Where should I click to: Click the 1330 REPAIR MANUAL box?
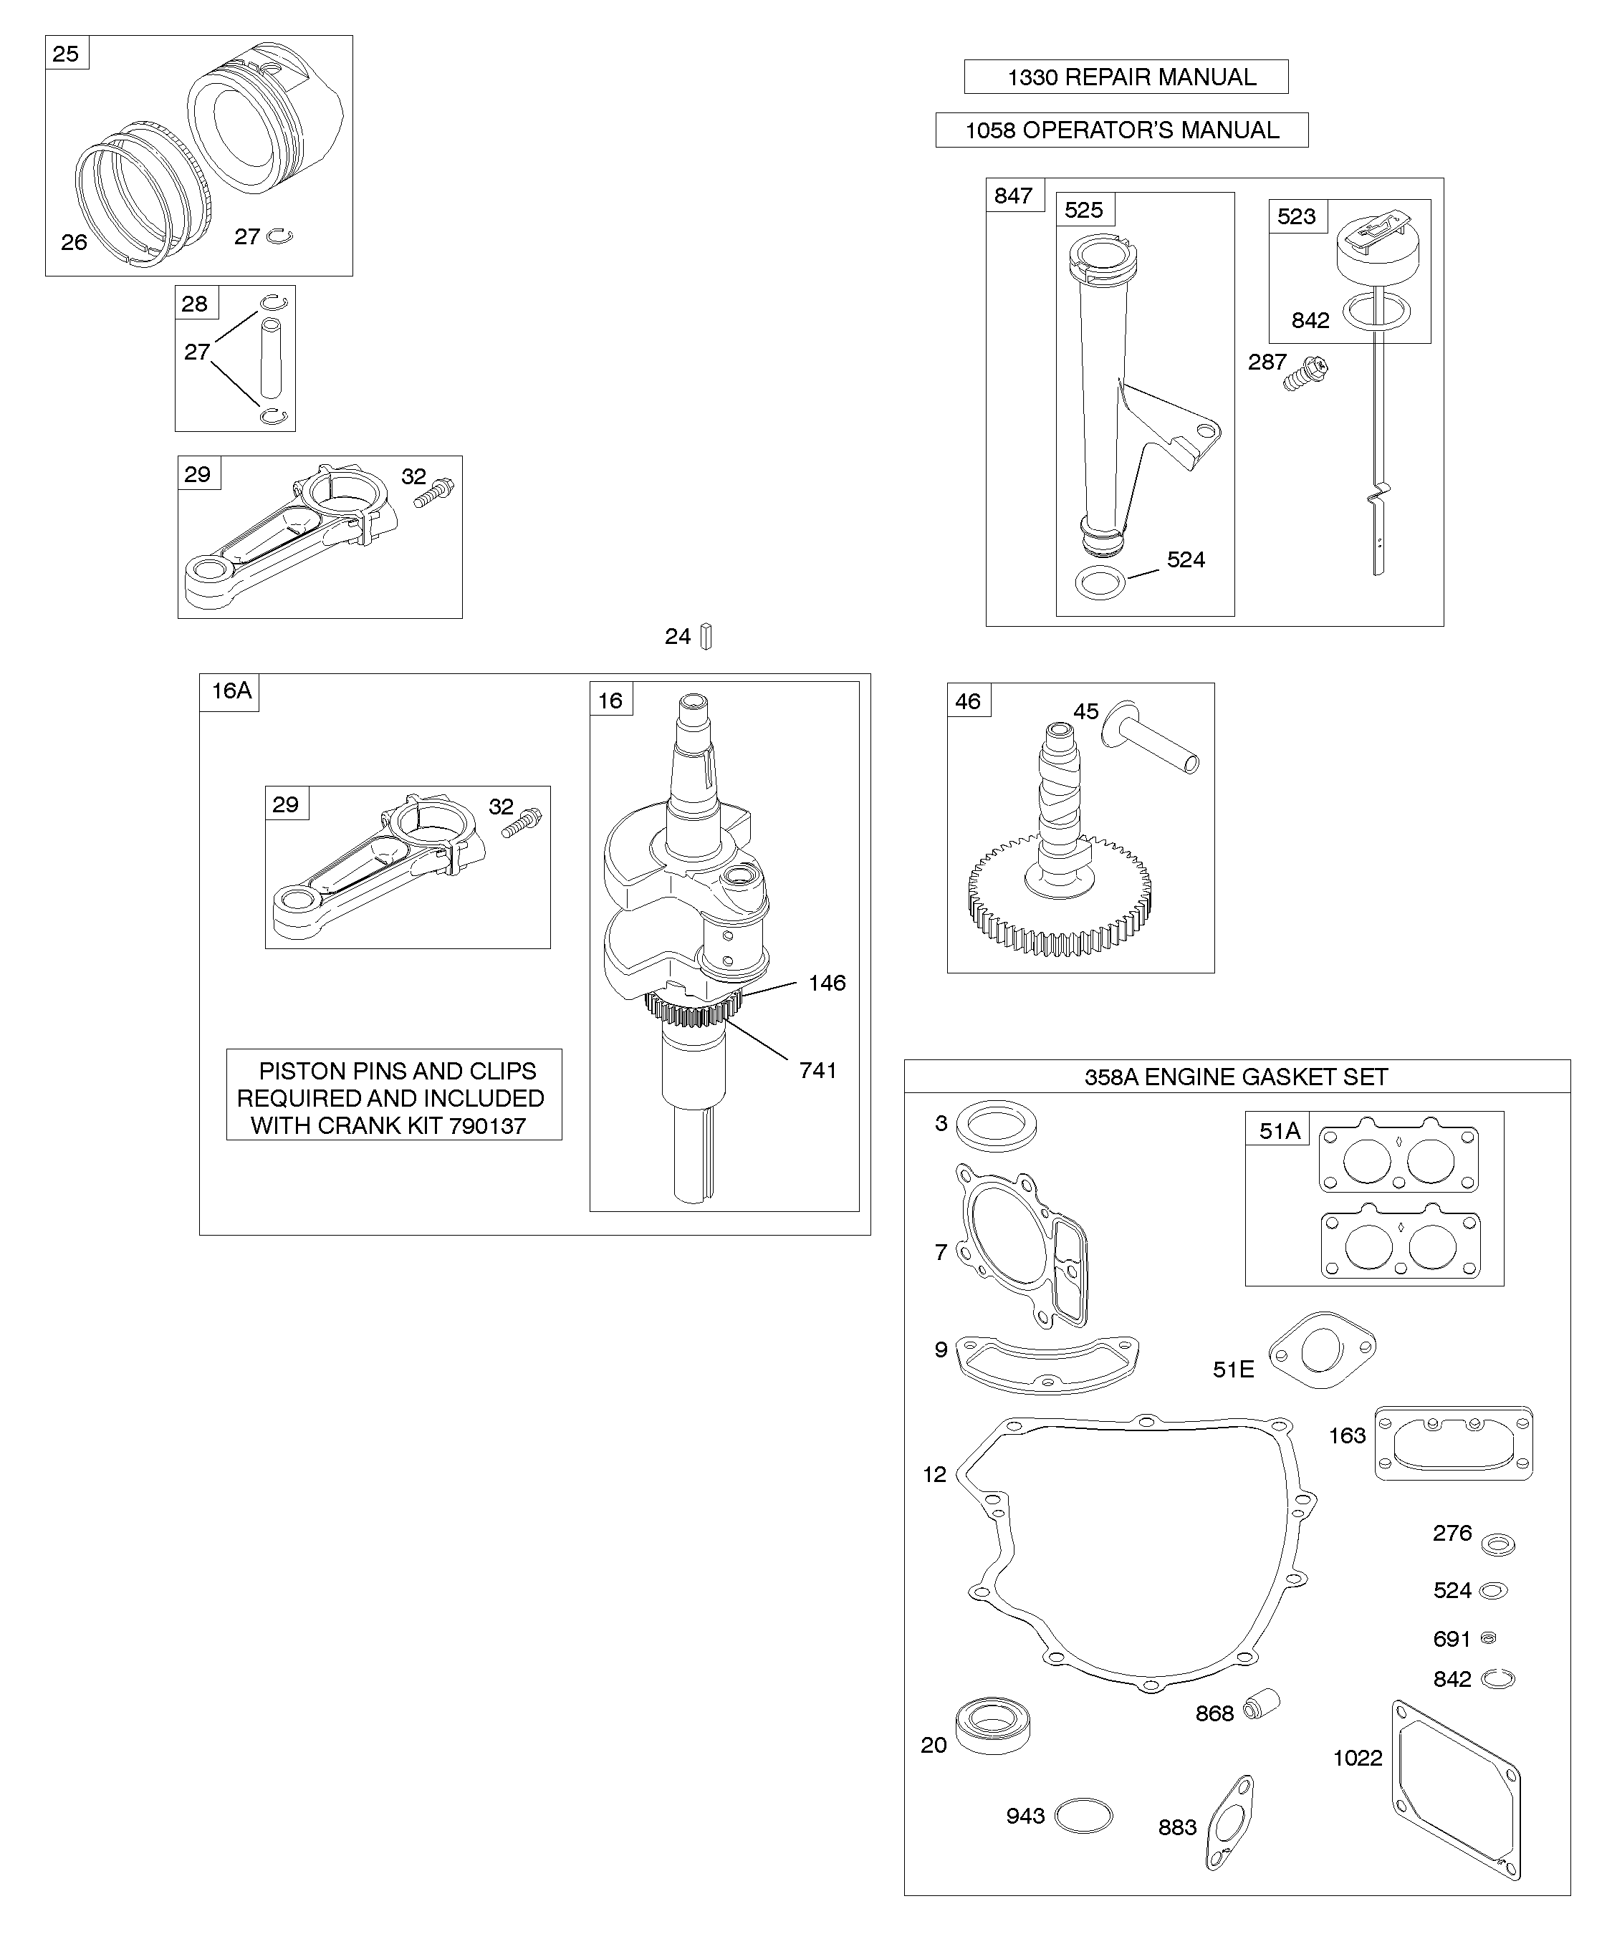[1126, 77]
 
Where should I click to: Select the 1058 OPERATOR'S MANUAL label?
[1122, 130]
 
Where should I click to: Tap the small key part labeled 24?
[706, 636]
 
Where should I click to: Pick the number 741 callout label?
[818, 1070]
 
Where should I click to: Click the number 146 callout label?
[827, 983]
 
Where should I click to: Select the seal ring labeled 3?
[996, 1125]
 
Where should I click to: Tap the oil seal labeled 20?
[992, 1725]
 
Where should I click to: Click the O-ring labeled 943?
[1083, 1816]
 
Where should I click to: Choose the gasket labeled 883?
[1229, 1822]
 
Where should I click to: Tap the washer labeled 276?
[1499, 1544]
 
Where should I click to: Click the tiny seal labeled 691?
[1487, 1637]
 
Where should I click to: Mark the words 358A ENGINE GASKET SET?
[1236, 1077]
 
